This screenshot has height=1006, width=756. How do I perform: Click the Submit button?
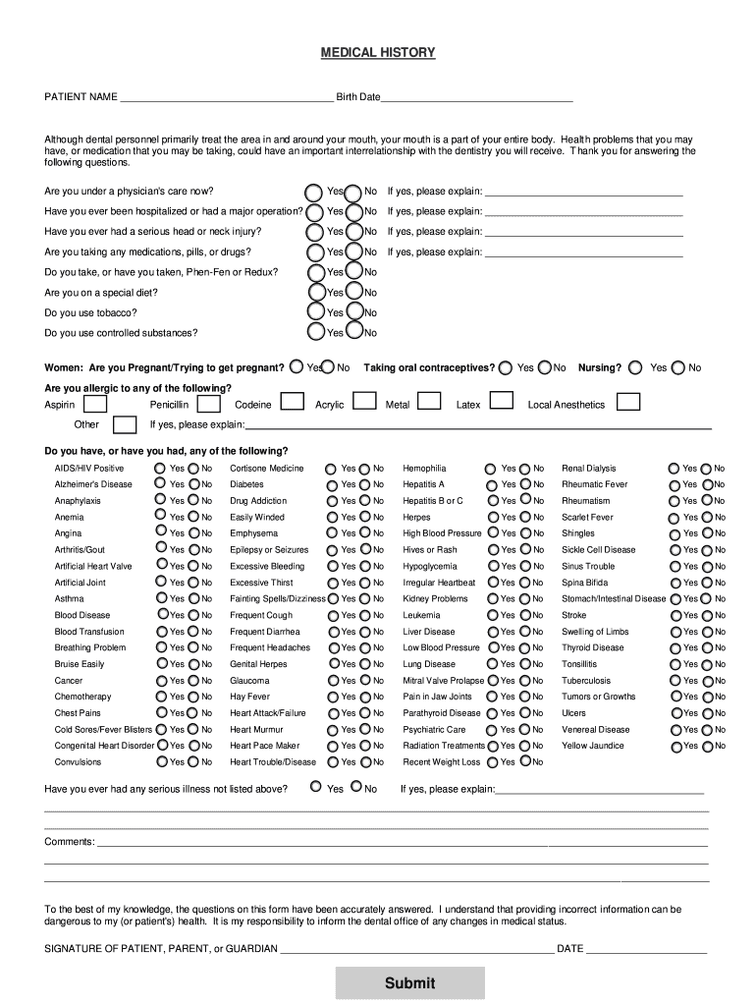coord(409,982)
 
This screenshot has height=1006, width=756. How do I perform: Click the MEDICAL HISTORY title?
coord(378,52)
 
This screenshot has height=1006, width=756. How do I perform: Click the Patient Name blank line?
coord(226,97)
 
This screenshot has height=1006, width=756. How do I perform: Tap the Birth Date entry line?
coord(476,97)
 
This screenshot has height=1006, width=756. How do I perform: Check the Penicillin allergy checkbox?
coord(207,404)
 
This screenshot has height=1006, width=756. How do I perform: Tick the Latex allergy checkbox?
coord(501,401)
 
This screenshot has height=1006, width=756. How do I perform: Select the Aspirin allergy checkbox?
coord(95,404)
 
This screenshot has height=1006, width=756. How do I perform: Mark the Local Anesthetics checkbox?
coord(627,402)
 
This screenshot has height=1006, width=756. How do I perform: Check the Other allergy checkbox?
coord(125,424)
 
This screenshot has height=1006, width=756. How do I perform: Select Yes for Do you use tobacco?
coord(316,312)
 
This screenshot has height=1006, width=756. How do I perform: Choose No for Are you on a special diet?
coord(353,292)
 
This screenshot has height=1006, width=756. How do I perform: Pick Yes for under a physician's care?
coord(314,191)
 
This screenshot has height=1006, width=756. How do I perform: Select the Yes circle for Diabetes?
coord(333,484)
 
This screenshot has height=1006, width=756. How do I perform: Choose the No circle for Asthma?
coord(194,598)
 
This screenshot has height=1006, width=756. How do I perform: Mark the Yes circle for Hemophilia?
coord(490,469)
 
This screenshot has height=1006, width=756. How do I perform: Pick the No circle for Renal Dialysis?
coord(705,469)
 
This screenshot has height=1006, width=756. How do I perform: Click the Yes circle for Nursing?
coord(635,367)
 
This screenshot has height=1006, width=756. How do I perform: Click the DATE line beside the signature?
coord(646,948)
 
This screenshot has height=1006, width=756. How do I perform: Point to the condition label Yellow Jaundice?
coord(592,746)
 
